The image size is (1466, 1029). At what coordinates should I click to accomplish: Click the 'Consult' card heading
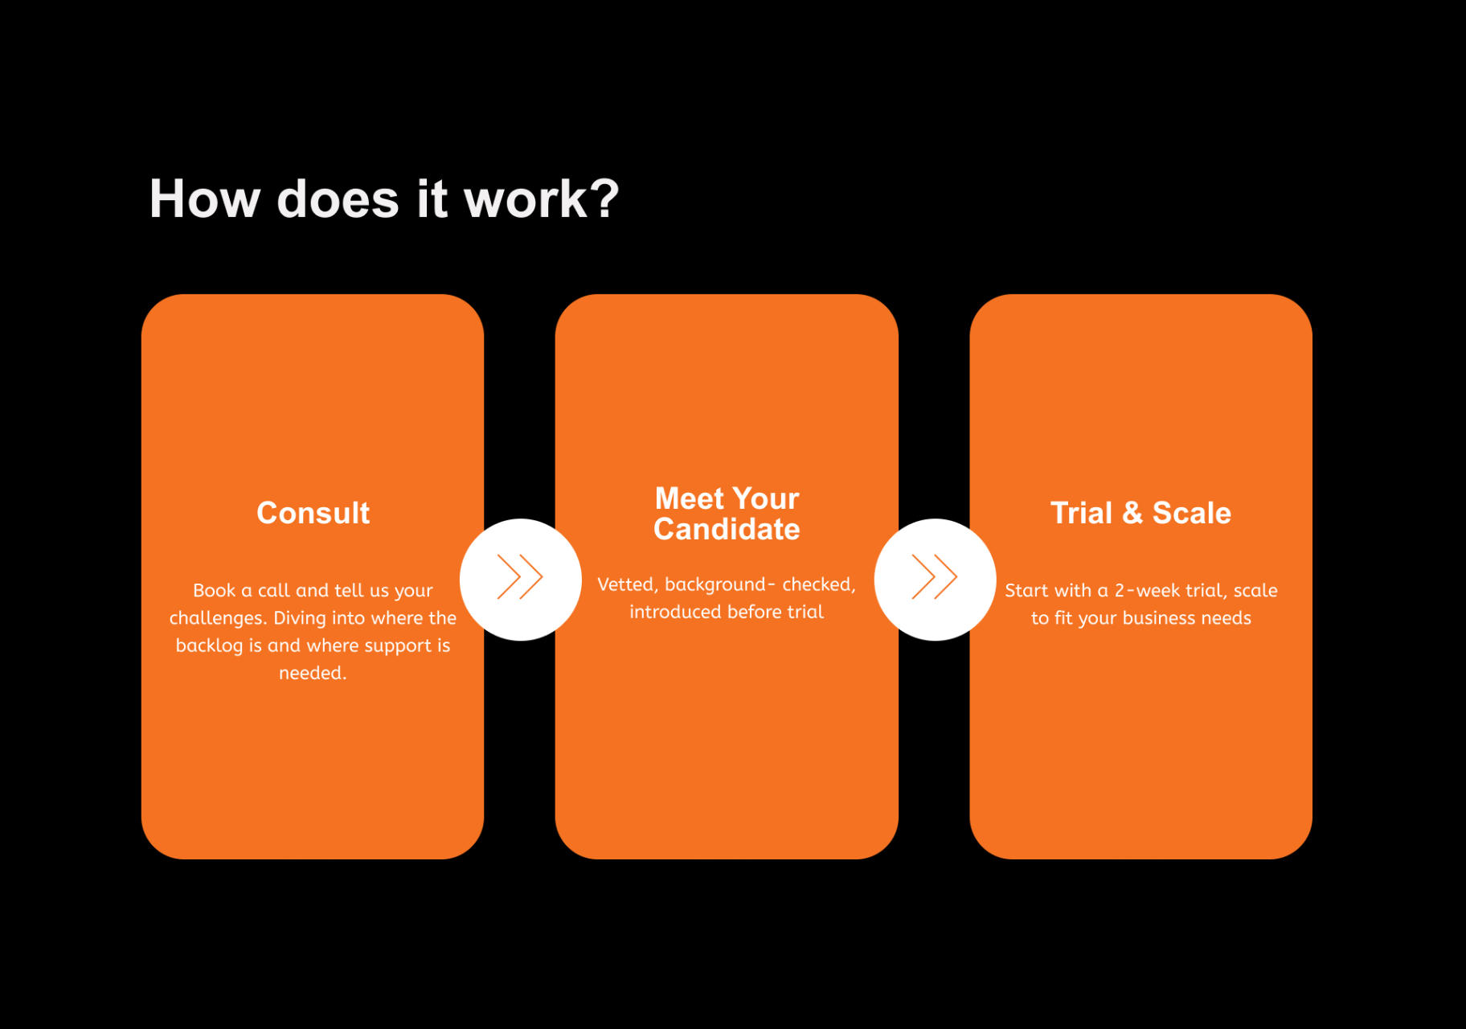pos(313,513)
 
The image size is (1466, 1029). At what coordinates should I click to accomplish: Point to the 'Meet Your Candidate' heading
pos(727,514)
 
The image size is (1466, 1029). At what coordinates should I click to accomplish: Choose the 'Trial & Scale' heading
pos(1140,513)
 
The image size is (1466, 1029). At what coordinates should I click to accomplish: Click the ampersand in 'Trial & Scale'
pos(1132,513)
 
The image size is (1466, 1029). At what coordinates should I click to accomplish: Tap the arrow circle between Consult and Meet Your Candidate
pos(521,580)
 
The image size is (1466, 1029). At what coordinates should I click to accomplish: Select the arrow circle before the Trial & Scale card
pos(936,580)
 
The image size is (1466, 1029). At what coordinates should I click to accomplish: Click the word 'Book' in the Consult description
pos(214,590)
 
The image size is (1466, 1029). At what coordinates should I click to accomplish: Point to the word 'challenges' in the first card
pos(215,618)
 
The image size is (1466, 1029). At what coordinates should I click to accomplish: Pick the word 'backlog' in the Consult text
pos(209,646)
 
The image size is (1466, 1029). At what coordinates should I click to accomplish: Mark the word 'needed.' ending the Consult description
pos(313,673)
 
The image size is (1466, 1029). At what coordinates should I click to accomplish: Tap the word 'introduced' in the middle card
pos(675,612)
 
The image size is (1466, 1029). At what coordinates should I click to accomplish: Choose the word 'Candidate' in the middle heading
pos(727,529)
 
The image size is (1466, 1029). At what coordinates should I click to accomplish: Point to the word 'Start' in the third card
pos(1026,590)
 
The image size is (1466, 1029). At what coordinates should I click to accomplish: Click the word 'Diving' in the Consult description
pos(300,618)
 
